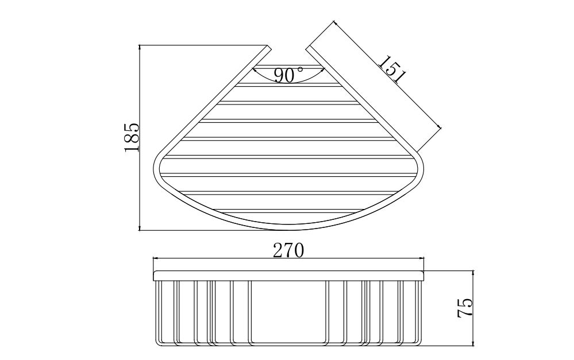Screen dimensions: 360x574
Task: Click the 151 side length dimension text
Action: (392, 69)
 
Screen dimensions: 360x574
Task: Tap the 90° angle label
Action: (288, 75)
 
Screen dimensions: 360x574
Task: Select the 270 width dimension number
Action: (288, 251)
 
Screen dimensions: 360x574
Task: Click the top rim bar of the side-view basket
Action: (288, 276)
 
